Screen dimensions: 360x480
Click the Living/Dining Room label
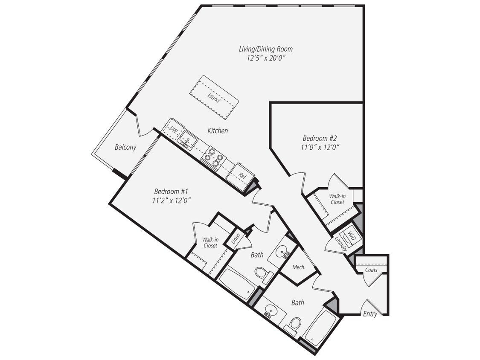coord(265,49)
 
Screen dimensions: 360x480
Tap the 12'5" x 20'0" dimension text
coord(265,58)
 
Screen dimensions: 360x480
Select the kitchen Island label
coord(214,98)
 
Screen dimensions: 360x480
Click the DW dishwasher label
coord(173,129)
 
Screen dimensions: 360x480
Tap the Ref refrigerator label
coord(242,175)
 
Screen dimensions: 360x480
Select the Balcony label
coord(125,148)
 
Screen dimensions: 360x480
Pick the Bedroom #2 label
coord(320,138)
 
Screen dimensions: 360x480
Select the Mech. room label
coord(299,267)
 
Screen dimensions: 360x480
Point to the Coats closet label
coord(371,270)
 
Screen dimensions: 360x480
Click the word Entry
coord(370,314)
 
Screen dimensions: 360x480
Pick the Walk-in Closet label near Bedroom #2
coord(337,199)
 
